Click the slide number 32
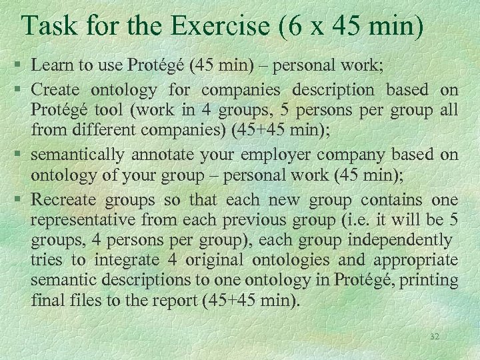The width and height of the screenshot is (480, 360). click(x=435, y=337)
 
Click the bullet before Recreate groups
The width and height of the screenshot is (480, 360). click(x=21, y=200)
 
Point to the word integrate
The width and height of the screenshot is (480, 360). click(x=126, y=259)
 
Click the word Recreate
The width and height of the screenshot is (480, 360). click(x=62, y=199)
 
